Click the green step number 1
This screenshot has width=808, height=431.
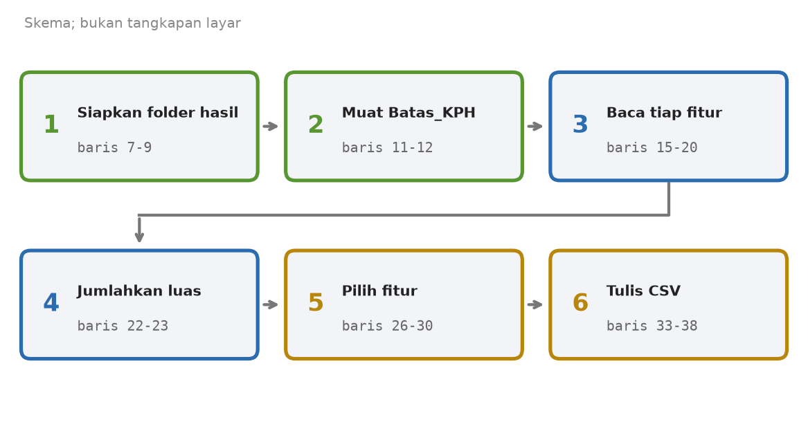point(51,125)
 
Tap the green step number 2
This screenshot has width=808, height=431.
point(315,125)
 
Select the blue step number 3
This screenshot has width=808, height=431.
point(580,125)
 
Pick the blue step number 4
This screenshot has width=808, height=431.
point(51,303)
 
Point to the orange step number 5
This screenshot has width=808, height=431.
point(315,303)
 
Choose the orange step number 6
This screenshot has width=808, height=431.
point(580,303)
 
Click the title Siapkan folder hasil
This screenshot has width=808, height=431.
point(158,113)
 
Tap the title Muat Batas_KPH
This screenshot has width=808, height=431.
point(409,113)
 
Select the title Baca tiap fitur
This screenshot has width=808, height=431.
point(664,113)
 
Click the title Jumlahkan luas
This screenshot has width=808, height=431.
point(139,291)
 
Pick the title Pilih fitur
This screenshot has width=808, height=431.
point(380,291)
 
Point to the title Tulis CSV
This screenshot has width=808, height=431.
point(644,291)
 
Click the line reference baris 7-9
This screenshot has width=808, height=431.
point(114,148)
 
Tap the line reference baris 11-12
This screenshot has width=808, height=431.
point(388,148)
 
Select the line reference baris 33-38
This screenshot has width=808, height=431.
point(652,326)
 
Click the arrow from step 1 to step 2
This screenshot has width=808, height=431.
point(271,126)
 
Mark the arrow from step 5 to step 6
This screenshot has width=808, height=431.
point(535,305)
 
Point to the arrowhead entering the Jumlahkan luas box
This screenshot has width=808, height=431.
point(139,237)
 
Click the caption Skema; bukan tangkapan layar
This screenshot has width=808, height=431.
point(132,23)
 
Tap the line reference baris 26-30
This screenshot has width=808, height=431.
point(388,326)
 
